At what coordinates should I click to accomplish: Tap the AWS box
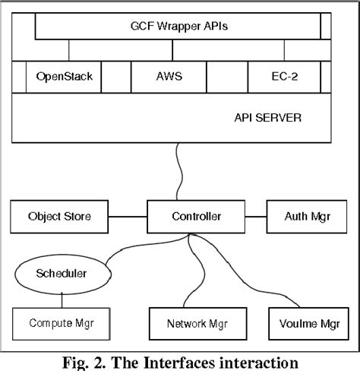pyautogui.click(x=168, y=77)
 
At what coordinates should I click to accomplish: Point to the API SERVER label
pyautogui.click(x=268, y=118)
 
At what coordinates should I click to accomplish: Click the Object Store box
pyautogui.click(x=59, y=217)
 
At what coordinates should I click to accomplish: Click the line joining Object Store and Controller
pyautogui.click(x=126, y=217)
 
